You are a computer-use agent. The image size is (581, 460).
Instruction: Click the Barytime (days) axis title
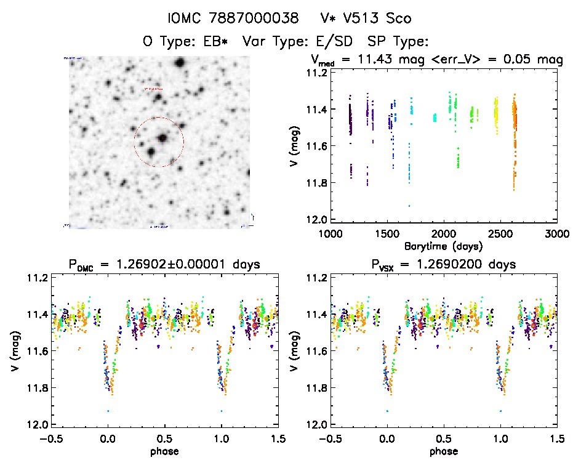(443, 245)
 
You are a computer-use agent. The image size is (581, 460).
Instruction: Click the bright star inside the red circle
(162, 138)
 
